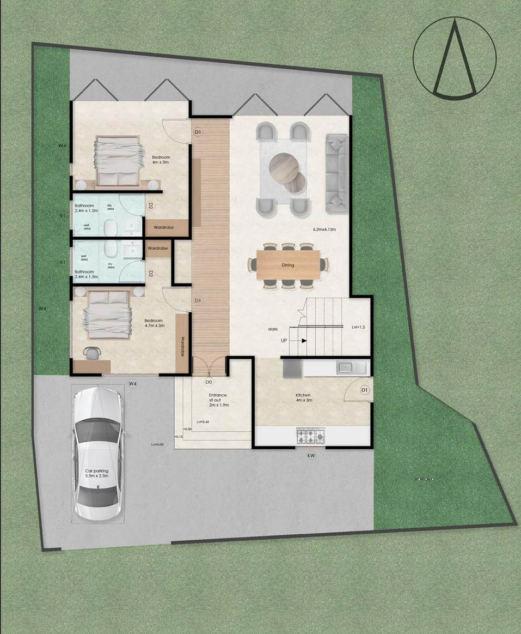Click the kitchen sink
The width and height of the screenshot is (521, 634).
[x=346, y=367]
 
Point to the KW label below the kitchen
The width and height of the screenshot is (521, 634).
[x=311, y=455]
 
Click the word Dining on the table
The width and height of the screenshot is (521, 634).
[x=288, y=265]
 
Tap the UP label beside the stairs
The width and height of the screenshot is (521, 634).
[x=284, y=340]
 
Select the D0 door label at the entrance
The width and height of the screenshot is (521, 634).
[x=209, y=382]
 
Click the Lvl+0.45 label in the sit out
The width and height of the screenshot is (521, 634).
[x=204, y=421]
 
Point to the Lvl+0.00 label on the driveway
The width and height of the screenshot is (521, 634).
[x=158, y=444]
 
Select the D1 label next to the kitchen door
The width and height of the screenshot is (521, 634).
[x=365, y=390]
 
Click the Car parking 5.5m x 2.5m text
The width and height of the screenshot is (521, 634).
[x=97, y=473]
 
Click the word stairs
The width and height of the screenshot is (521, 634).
[x=273, y=329]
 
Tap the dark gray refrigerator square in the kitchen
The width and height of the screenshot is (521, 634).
[x=291, y=368]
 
